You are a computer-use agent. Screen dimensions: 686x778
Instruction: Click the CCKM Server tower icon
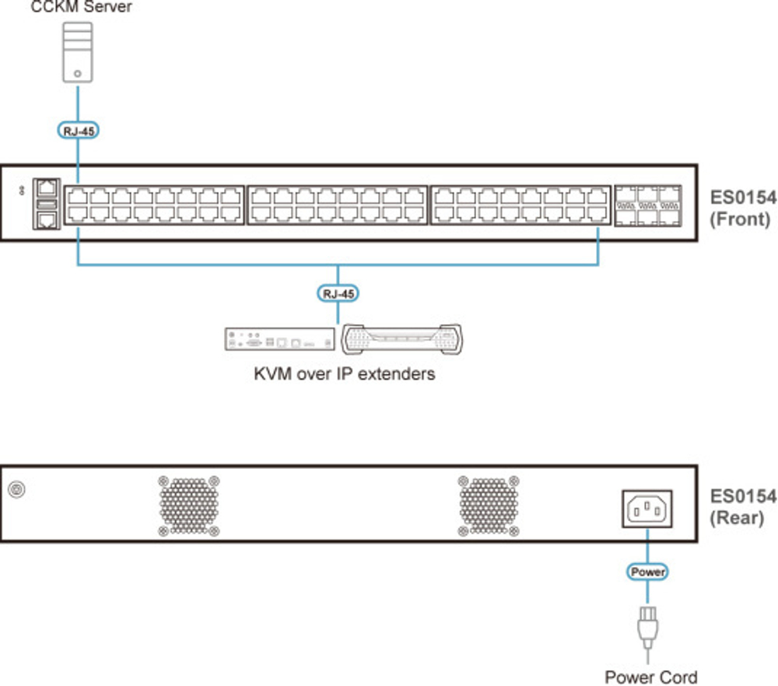click(x=78, y=51)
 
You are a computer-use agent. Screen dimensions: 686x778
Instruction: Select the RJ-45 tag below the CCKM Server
click(x=78, y=131)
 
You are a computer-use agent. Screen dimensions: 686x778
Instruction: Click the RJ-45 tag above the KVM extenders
click(x=338, y=293)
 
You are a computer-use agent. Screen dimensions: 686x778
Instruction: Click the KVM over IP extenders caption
click(x=344, y=374)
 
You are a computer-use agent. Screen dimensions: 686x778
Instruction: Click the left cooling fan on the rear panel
click(x=189, y=506)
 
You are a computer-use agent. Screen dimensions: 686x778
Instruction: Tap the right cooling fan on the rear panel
click(x=489, y=506)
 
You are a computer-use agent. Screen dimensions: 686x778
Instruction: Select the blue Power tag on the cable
click(x=647, y=572)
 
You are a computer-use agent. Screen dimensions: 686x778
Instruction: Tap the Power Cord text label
click(x=651, y=676)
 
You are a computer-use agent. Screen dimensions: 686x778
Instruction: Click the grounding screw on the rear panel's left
click(x=16, y=489)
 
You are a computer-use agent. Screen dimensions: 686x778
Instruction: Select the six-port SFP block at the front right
click(x=648, y=205)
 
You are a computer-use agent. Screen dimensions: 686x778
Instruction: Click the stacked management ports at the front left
click(x=47, y=204)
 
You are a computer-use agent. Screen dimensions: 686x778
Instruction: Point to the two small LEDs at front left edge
click(x=22, y=190)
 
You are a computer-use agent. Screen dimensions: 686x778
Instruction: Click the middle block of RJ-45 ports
click(x=338, y=205)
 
